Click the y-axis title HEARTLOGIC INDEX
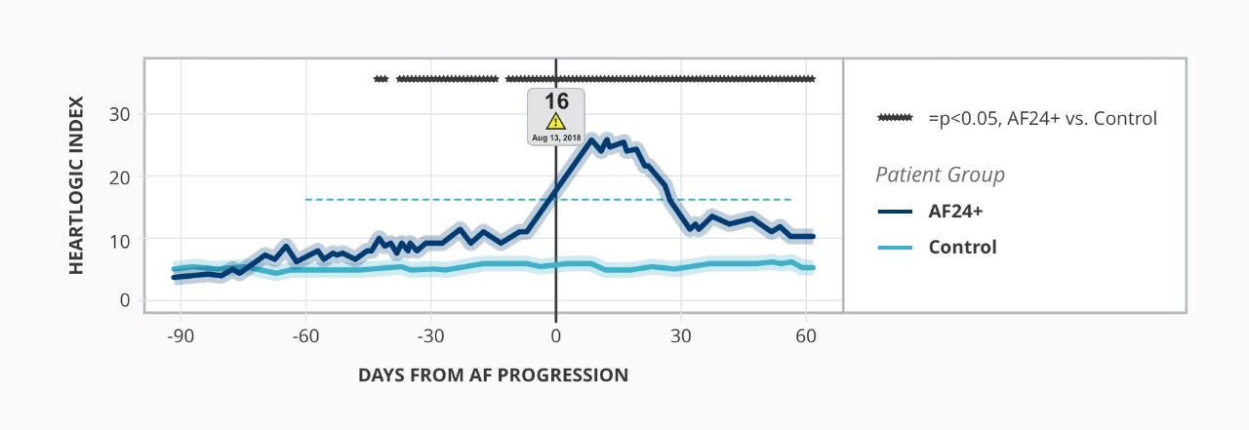coord(77,185)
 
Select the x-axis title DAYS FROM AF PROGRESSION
coord(493,375)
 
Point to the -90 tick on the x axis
coord(181,337)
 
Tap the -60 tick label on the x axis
coord(305,337)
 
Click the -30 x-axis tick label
coord(431,337)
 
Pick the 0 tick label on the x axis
coord(556,337)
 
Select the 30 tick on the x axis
coord(681,337)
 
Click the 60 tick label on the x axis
coord(806,337)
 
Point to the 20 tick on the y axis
coord(125,176)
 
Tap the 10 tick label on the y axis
coord(125,239)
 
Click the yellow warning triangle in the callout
coord(555,122)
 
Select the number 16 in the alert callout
coord(556,101)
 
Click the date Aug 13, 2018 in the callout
coord(556,138)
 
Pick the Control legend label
coord(962,248)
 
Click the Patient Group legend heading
coord(940,176)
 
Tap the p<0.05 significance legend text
coord(1042,119)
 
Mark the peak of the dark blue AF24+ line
coord(591,140)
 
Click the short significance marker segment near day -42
coord(381,79)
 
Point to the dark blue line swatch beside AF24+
coord(894,212)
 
